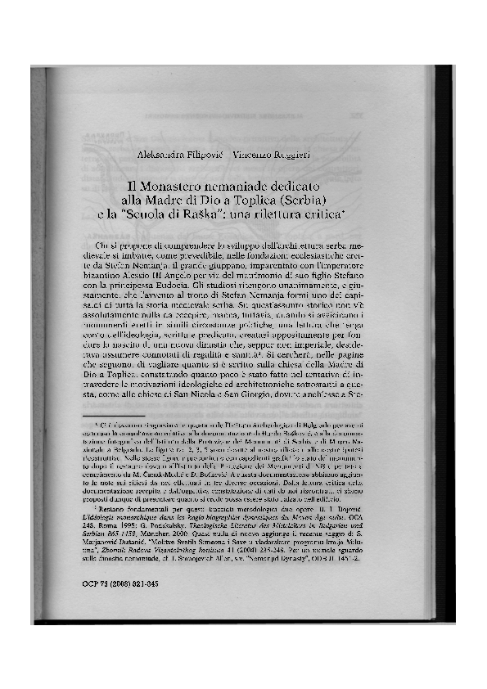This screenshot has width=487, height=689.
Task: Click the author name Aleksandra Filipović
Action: pos(178,155)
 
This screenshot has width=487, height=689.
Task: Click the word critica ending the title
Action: pos(323,214)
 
